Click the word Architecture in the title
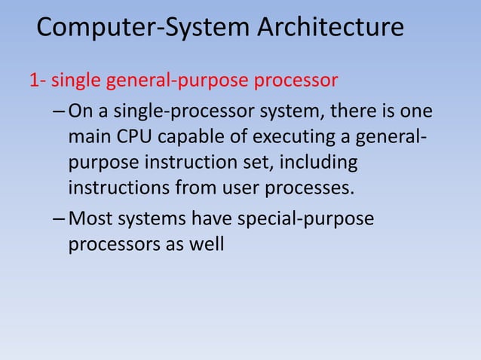(330, 28)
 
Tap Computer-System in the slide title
(142, 28)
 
